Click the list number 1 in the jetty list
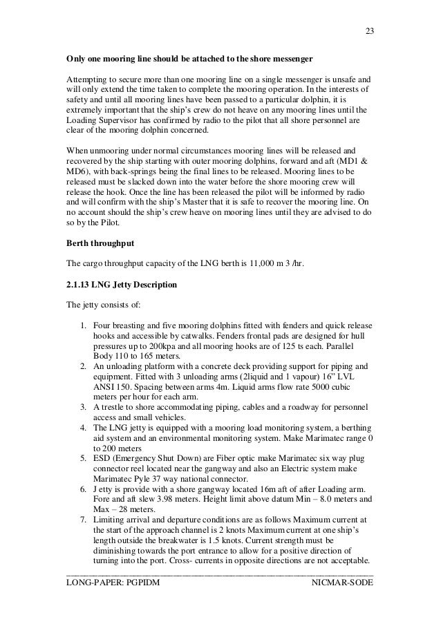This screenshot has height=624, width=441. coord(81,325)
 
